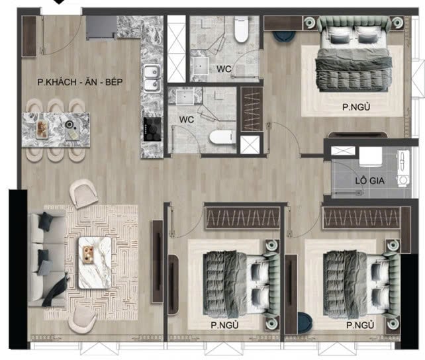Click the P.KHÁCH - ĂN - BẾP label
tap(80, 82)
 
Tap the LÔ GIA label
tap(369, 181)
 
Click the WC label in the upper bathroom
tap(224, 69)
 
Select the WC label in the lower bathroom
tap(187, 120)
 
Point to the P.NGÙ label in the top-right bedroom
tap(356, 107)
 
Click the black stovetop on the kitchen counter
tap(152, 129)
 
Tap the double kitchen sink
tap(152, 78)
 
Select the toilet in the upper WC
tap(241, 29)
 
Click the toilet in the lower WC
tap(222, 137)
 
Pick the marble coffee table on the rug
tap(95, 263)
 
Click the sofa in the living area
tap(46, 259)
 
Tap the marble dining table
tap(56, 130)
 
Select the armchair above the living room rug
tap(83, 193)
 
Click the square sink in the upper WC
tap(199, 66)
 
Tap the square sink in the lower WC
tap(185, 97)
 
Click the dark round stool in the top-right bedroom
tap(284, 36)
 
